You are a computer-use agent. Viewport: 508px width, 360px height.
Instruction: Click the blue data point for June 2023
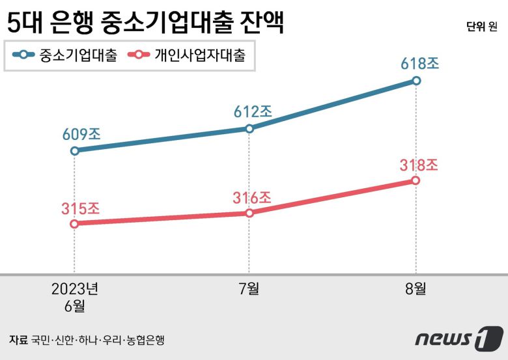pos(74,150)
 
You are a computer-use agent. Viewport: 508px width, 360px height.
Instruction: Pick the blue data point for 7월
pos(249,129)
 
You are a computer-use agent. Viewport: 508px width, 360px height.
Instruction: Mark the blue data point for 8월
pos(416,81)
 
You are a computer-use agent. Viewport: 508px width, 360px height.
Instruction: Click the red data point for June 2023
pos(74,223)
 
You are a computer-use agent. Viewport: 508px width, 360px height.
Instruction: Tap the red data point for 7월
pos(249,213)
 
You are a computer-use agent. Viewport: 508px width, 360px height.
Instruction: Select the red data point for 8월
pos(416,180)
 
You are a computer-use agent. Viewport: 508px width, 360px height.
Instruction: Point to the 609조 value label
pos(81,134)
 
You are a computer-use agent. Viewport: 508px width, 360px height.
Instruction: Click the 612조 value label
pos(253,111)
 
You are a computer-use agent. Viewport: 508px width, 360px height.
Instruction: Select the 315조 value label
pos(81,208)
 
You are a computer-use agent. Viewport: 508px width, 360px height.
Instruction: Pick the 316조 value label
pos(252,197)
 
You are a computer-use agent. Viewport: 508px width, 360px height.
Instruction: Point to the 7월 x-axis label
pos(249,289)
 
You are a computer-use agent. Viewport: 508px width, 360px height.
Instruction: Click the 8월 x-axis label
pos(416,289)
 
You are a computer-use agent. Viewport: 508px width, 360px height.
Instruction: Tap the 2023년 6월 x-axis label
pos(74,296)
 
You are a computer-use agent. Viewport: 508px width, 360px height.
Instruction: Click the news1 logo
pos(459,338)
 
